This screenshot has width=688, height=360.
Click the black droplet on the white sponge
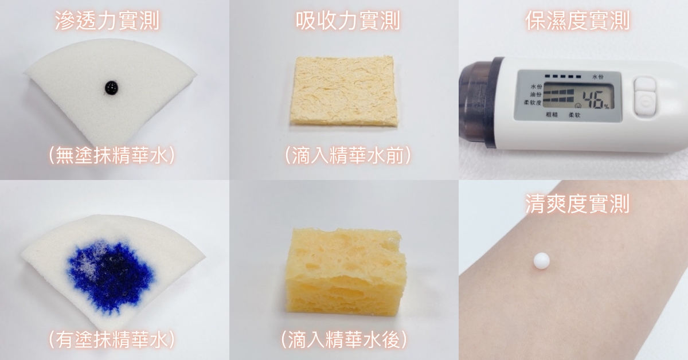coord(111,88)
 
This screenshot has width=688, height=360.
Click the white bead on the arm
coord(541,260)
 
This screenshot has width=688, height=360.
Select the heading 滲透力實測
coord(107,20)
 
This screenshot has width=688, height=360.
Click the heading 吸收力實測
coord(347,20)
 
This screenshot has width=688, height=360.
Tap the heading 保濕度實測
coord(577,20)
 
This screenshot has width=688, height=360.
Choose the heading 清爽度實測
coord(577,204)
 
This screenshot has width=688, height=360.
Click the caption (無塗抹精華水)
coord(112,155)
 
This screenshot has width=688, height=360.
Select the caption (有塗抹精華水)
coord(112,339)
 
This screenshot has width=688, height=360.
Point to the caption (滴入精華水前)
coord(347,155)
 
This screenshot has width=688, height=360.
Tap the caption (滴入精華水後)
coord(344,339)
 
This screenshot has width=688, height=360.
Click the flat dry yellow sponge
coord(344,91)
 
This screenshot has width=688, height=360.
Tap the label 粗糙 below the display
coord(552,115)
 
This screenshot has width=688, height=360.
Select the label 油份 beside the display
coord(535,95)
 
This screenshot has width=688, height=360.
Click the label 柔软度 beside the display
coord(533,103)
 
